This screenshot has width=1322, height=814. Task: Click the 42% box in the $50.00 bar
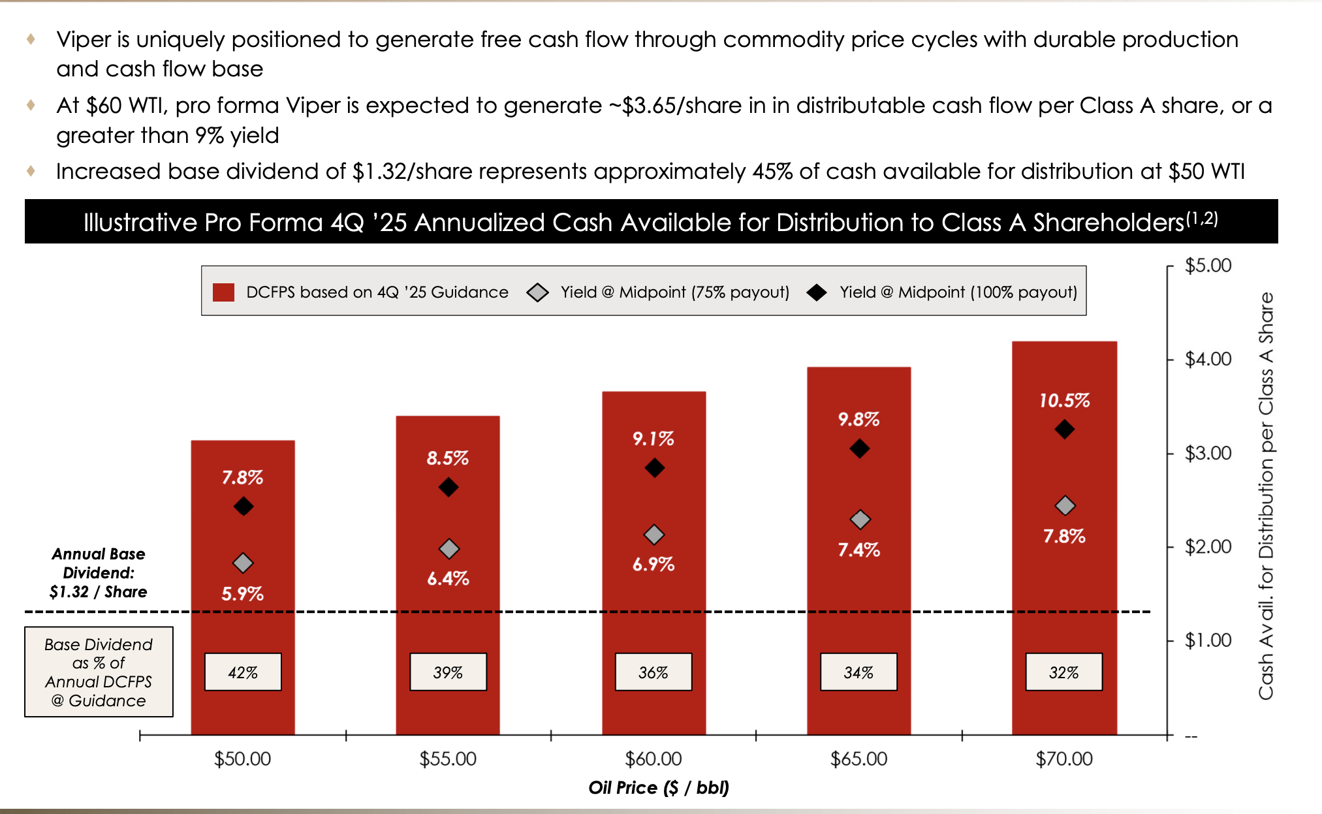[x=243, y=672]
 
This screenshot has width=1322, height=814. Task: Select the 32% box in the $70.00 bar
[x=1063, y=672]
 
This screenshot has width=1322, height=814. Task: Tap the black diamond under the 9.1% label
[x=654, y=467]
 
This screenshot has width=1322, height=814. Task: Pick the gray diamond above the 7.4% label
[x=860, y=520]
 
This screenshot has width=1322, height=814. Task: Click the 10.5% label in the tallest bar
[x=1064, y=400]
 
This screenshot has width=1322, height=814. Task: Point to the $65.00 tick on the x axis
[x=858, y=759]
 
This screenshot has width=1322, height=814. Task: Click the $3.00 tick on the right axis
[x=1207, y=452]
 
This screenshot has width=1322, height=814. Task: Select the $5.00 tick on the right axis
[x=1207, y=266]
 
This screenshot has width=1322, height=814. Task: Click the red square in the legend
[x=223, y=292]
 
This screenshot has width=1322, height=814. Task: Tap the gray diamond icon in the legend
[x=537, y=292]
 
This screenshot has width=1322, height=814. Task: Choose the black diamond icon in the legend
[x=816, y=292]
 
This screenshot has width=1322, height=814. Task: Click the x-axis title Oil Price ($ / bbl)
[x=658, y=787]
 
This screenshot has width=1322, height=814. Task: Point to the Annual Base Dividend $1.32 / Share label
[x=99, y=572]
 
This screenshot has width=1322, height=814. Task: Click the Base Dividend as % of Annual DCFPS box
[x=99, y=672]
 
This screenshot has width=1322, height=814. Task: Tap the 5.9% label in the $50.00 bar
[x=242, y=593]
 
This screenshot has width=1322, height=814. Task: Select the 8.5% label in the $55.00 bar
[x=447, y=458]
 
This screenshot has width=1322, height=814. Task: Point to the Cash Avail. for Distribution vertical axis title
[x=1265, y=496]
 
